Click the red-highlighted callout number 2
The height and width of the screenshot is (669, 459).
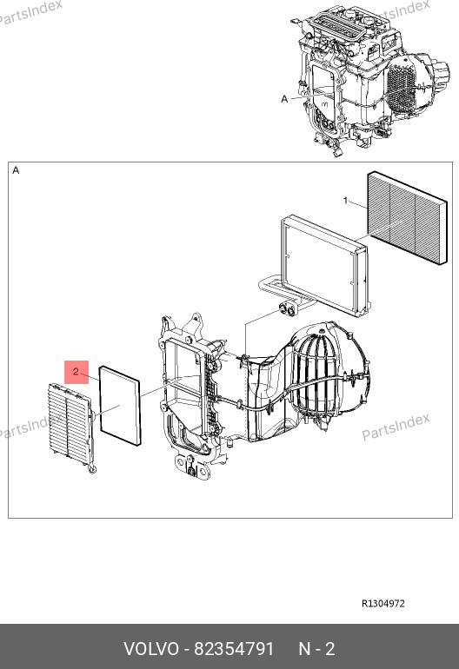point(76,372)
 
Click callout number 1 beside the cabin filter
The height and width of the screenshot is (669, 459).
point(346,200)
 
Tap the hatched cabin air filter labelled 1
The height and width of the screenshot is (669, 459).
point(408,217)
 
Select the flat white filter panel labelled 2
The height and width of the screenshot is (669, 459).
point(120,405)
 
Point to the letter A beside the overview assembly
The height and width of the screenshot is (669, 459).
point(285,99)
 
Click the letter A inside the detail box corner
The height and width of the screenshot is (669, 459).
point(16,170)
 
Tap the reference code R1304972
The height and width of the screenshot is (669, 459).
point(383,603)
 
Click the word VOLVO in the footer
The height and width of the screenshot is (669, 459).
point(151,649)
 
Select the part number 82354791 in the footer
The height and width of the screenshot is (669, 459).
point(234,649)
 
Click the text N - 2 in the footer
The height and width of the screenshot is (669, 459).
point(316,649)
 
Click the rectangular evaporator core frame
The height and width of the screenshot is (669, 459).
point(325,266)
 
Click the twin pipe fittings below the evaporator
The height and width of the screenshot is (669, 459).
point(287,310)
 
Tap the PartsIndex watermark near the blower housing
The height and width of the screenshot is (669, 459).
point(396,427)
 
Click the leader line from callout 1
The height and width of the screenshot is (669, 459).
point(359,204)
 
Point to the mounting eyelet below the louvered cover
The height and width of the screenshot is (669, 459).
point(91,469)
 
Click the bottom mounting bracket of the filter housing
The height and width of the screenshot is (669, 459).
point(193,467)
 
